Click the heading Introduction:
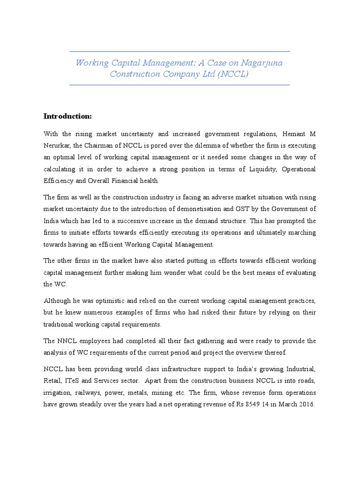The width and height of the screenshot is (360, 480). pyautogui.click(x=67, y=116)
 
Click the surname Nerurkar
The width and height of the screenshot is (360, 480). pyautogui.click(x=59, y=146)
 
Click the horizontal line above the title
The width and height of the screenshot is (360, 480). pyautogui.click(x=180, y=51)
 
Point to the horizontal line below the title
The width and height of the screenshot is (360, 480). pyautogui.click(x=180, y=85)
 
